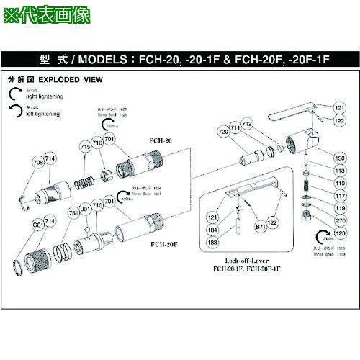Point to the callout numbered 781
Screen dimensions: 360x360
click(x=72, y=213)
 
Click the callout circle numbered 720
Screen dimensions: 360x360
click(x=222, y=132)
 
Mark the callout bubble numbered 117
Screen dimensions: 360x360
click(x=340, y=197)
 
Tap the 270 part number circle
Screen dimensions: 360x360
click(x=340, y=222)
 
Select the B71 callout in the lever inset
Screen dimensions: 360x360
click(x=260, y=226)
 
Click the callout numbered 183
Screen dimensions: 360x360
click(x=212, y=243)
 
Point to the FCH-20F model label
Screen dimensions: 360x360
click(x=165, y=245)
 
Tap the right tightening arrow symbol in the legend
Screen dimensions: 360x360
click(x=17, y=93)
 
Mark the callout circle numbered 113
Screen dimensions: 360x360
click(x=340, y=171)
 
